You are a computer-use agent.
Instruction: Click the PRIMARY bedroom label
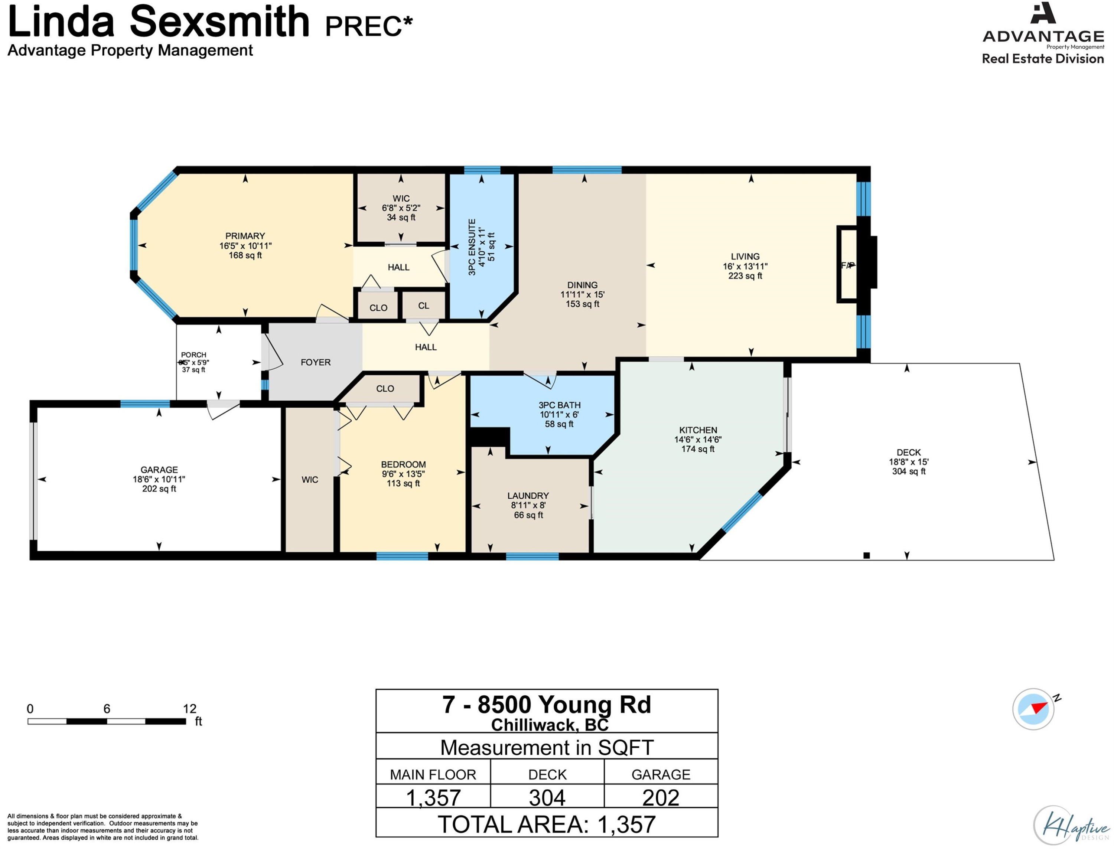(245, 236)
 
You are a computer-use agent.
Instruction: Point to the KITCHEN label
(698, 430)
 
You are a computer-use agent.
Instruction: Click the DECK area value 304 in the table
(547, 798)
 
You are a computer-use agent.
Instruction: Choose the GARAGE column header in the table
(661, 775)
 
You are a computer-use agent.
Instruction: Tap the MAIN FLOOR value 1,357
(433, 799)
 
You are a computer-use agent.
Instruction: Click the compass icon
(1033, 709)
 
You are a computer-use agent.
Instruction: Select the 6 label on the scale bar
(107, 709)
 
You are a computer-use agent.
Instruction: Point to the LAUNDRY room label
(528, 496)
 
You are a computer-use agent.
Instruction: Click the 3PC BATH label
(560, 405)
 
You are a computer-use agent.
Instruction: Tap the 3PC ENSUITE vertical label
(472, 247)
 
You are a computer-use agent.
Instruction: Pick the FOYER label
(315, 362)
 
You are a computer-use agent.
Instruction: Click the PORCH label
(193, 355)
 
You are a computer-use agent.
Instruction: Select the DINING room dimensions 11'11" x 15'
(582, 295)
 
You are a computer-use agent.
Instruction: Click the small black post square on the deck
(866, 555)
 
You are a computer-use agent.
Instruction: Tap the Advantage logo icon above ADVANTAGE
(1043, 13)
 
